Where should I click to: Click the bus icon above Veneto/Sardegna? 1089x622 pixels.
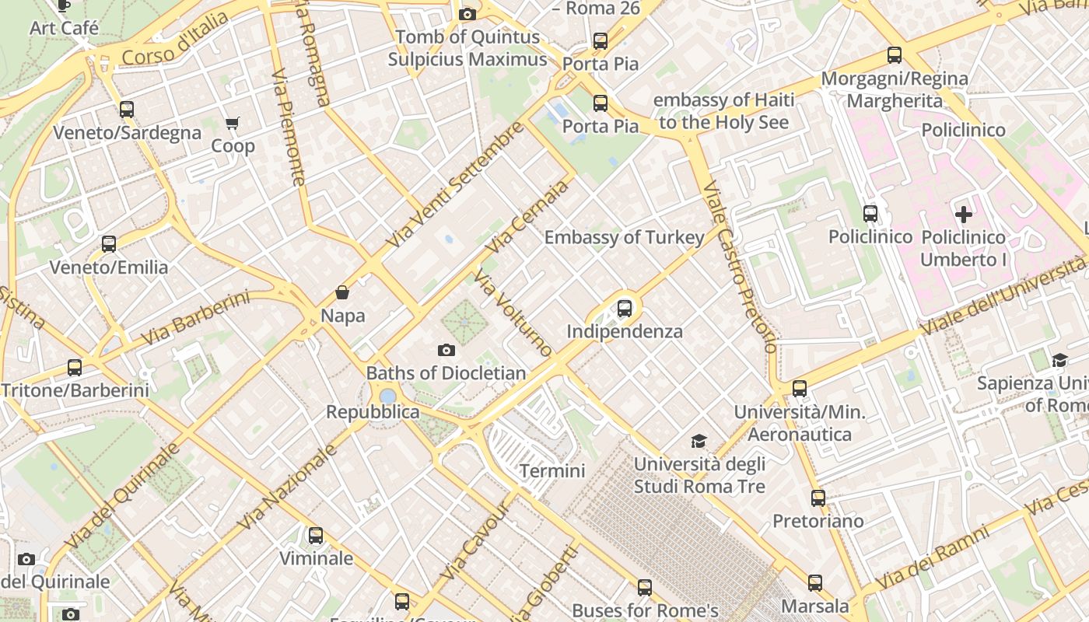coord(127,110)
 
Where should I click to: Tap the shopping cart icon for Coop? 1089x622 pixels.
coord(233,123)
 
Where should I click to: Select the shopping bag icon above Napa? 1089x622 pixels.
coord(342,292)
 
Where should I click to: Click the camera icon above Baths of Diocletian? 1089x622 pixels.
coord(446,350)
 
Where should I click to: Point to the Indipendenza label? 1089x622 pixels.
coord(624,331)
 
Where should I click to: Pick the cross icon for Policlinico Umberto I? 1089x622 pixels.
coord(964,215)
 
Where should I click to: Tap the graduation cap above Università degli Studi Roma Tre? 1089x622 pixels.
coord(699,442)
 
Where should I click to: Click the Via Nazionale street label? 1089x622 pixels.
coord(288,487)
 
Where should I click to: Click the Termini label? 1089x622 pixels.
coord(552,470)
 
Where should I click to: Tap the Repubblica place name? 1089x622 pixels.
coord(373,412)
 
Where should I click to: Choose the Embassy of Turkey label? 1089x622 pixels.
coord(624,237)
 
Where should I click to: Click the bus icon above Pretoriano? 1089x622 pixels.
coord(818,498)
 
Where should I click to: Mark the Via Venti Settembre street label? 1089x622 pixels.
coord(455,185)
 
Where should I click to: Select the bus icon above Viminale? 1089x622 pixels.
coord(315,535)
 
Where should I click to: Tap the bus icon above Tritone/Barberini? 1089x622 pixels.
coord(75,367)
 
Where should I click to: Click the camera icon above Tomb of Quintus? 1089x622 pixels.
coord(467,14)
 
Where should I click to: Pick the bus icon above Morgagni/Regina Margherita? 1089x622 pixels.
coord(895,55)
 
